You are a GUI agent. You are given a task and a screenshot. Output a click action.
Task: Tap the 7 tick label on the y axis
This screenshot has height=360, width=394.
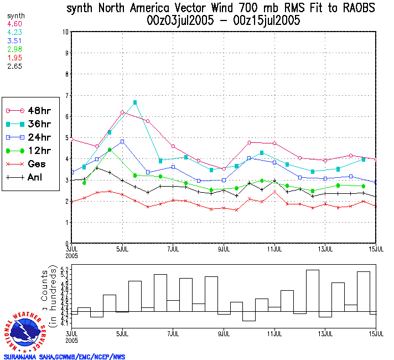pyautogui.click(x=66, y=96)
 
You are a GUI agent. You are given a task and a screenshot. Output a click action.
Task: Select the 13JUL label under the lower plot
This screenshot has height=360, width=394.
pyautogui.click(x=325, y=335)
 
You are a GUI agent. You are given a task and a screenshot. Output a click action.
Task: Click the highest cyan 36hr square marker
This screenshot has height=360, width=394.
pyautogui.click(x=135, y=102)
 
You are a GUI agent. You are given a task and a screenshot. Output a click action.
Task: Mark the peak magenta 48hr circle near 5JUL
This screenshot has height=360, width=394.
pyautogui.click(x=122, y=112)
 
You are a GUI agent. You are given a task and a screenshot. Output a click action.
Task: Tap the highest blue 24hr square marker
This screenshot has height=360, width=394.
pyautogui.click(x=122, y=142)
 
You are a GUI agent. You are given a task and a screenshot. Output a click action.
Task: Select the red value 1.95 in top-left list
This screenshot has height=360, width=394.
pyautogui.click(x=14, y=58)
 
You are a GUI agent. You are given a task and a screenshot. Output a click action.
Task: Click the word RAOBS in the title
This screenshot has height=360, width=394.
pyautogui.click(x=353, y=8)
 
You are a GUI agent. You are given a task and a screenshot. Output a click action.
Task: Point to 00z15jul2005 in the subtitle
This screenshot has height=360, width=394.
pyautogui.click(x=266, y=21)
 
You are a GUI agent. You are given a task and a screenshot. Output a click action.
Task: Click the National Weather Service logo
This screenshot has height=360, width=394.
pyautogui.click(x=26, y=331)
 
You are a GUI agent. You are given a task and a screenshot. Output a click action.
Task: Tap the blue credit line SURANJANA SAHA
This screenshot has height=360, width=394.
pyautogui.click(x=65, y=357)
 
